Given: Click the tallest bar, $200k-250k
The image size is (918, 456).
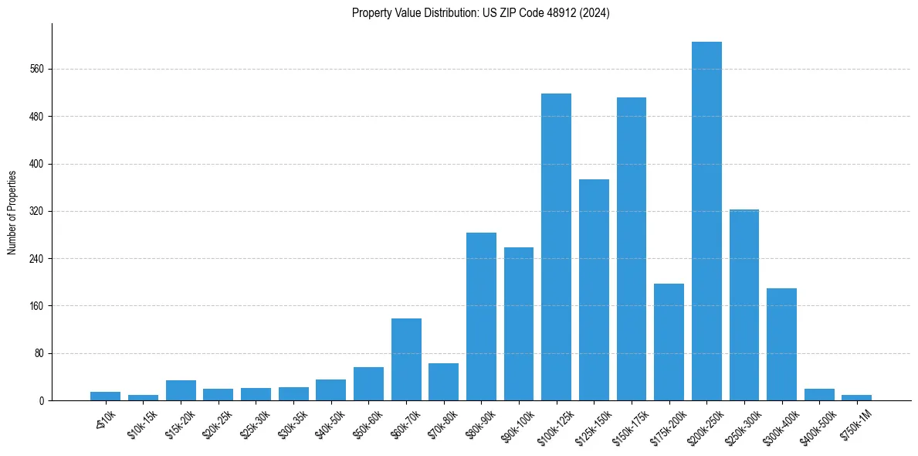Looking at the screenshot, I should [706, 221].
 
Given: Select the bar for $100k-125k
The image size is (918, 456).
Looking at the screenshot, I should [556, 247].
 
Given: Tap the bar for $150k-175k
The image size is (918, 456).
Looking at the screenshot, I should [631, 249].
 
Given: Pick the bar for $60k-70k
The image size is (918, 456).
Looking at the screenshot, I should [406, 359].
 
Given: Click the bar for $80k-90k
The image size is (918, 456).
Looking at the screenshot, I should [481, 317].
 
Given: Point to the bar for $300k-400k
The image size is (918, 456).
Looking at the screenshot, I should [781, 345].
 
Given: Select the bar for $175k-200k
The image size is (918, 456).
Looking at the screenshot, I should [669, 342].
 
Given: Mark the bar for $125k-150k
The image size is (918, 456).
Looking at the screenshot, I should [594, 290].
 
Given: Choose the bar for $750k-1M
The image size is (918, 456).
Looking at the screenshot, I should [856, 397].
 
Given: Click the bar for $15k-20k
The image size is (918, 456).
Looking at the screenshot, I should [181, 390].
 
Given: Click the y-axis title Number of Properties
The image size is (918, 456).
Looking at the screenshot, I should [12, 212].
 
